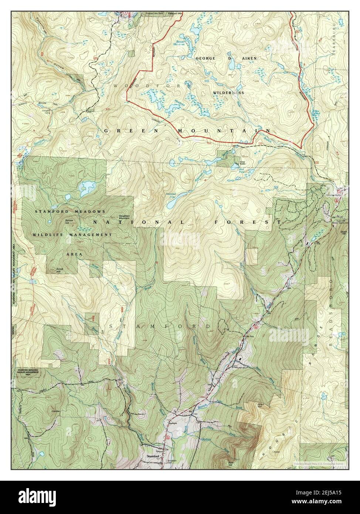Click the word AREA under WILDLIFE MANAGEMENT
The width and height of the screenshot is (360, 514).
[x=74, y=254]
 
